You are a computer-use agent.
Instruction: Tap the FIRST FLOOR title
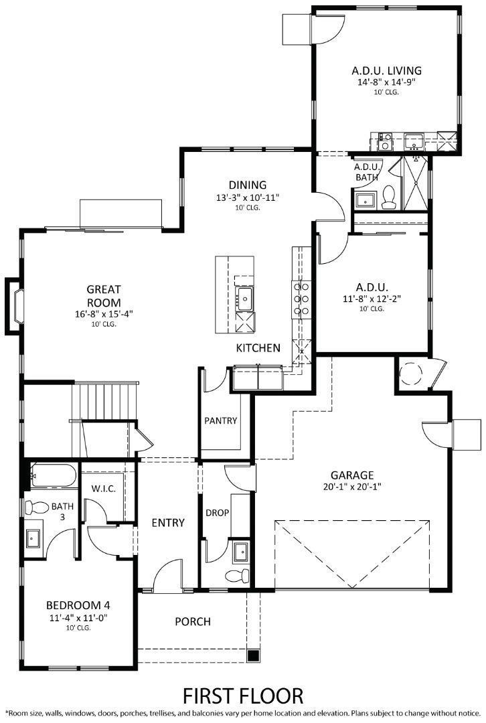click(x=243, y=695)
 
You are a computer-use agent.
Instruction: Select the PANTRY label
click(x=221, y=421)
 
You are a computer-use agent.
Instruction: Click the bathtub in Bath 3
click(x=53, y=475)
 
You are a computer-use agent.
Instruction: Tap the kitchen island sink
click(x=244, y=299)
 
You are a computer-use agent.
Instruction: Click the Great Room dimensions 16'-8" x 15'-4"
click(x=104, y=314)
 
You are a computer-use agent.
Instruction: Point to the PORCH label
click(x=193, y=622)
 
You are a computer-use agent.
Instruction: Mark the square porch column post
click(x=253, y=655)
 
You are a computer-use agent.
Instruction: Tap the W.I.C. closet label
click(x=104, y=489)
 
